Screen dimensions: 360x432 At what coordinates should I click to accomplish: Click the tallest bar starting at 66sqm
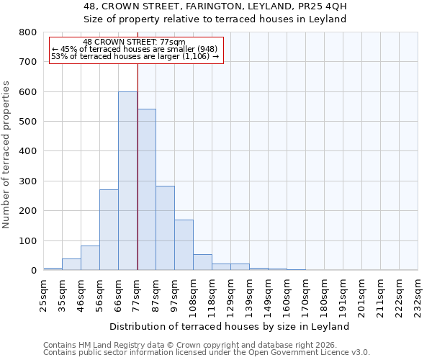tap(127, 181)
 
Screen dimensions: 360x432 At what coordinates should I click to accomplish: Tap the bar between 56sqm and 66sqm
tap(109, 230)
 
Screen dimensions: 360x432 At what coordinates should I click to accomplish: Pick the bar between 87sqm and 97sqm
tap(165, 238)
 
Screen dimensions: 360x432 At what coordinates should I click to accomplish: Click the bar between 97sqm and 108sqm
tap(184, 245)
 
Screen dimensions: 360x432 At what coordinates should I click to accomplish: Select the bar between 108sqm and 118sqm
tap(202, 262)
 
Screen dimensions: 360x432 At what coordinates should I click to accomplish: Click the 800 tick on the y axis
tap(28, 32)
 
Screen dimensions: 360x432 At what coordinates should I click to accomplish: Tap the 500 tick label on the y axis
tap(28, 122)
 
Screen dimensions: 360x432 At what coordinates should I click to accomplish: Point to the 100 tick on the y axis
tap(28, 240)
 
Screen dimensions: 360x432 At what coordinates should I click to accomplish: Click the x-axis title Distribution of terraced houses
tap(230, 326)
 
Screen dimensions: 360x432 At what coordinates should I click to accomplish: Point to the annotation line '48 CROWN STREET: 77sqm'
tap(134, 42)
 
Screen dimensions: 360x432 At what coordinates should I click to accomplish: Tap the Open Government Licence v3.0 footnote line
tap(207, 353)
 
